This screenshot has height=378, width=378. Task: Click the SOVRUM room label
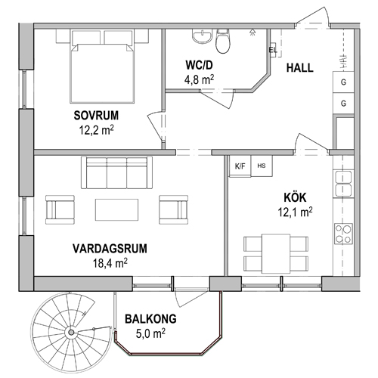click(96, 116)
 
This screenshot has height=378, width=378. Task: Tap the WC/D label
click(199, 65)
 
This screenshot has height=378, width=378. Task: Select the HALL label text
click(300, 68)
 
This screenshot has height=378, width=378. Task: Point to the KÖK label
click(295, 197)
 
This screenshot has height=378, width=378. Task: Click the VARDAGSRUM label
click(110, 249)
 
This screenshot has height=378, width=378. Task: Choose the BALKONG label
click(150, 319)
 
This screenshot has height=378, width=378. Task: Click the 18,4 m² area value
click(110, 263)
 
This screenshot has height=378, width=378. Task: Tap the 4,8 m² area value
click(199, 79)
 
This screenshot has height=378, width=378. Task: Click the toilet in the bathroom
click(223, 42)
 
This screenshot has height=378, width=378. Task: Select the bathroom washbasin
click(202, 36)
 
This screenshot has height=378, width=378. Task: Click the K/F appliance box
click(240, 166)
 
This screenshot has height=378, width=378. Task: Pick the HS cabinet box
click(262, 166)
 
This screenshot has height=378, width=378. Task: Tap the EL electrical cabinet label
click(273, 50)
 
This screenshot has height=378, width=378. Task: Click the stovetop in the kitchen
click(343, 234)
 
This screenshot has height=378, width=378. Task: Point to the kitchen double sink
click(343, 184)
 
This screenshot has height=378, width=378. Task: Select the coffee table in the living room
click(116, 210)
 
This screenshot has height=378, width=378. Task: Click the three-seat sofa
click(116, 172)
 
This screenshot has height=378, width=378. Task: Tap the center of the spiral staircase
click(71, 333)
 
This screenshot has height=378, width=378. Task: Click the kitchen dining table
click(276, 253)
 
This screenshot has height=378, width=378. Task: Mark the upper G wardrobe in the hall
click(343, 82)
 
